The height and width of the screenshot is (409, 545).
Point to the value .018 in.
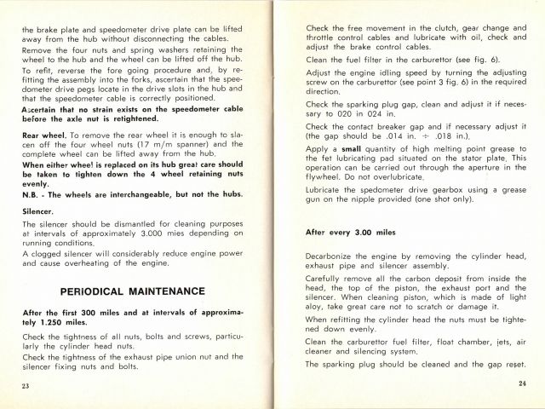pyautogui.click(x=460, y=135)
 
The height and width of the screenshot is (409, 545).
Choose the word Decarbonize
pyautogui.click(x=334, y=254)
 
